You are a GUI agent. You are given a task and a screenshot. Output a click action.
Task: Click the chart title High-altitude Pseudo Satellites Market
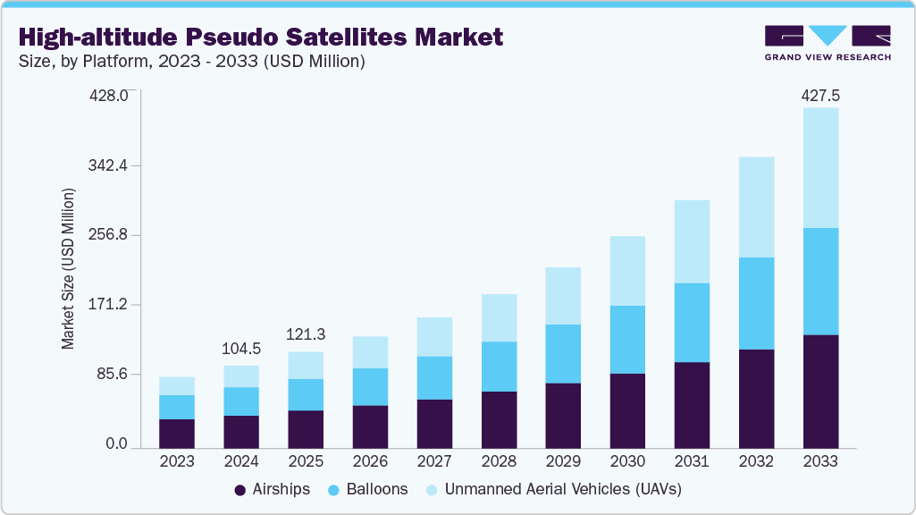[x=260, y=37]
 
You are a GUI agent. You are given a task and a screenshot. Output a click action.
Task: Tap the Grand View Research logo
[x=828, y=42]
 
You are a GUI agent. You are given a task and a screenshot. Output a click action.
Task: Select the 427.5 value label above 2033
[x=820, y=95]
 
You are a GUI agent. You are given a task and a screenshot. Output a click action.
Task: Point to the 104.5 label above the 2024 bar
[x=241, y=349]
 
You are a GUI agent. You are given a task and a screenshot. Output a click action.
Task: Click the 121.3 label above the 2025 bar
[x=306, y=334]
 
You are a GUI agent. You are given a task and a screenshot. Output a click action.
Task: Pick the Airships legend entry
[x=272, y=489]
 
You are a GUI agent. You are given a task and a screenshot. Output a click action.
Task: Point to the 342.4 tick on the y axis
[x=111, y=165]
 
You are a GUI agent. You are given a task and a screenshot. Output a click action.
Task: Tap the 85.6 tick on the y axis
[x=114, y=374]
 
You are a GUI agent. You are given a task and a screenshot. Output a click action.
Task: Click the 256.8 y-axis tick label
[x=111, y=235]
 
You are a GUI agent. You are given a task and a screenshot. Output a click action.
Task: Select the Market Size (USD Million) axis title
[x=68, y=268]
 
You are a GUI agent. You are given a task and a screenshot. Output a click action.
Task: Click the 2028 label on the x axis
[x=499, y=462]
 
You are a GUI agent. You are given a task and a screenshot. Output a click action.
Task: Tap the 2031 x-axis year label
[x=692, y=462]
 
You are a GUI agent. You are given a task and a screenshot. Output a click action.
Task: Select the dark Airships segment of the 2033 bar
[x=820, y=391]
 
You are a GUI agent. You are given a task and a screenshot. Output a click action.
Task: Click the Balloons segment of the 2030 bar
[x=627, y=339]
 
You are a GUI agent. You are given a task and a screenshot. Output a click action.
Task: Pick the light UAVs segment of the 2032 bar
[x=756, y=207]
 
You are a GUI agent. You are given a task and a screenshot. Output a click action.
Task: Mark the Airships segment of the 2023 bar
[x=177, y=433]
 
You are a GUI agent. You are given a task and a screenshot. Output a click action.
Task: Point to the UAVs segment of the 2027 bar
[x=434, y=336]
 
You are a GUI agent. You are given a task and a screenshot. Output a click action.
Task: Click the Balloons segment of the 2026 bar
[x=370, y=386]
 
